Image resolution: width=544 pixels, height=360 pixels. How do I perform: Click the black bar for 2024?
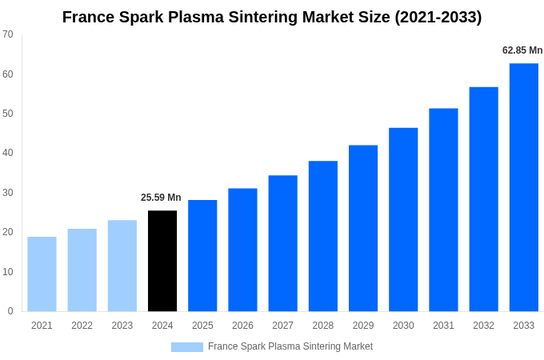(x=162, y=261)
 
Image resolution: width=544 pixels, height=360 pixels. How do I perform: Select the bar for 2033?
(x=523, y=187)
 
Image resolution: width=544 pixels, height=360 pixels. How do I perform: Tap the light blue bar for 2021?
(x=42, y=274)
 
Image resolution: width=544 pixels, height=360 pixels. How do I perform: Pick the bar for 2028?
(x=322, y=236)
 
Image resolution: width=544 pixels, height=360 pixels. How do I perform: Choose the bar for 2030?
(x=403, y=219)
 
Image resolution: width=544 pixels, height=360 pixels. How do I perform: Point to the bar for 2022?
(x=82, y=270)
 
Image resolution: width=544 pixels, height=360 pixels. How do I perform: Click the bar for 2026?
(x=242, y=250)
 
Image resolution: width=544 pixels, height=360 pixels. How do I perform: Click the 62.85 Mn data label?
(x=522, y=50)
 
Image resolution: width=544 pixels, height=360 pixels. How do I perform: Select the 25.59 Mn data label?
(x=161, y=198)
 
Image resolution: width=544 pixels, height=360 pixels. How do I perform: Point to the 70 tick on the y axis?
(x=8, y=34)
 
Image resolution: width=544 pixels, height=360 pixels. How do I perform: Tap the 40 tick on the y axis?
(x=8, y=153)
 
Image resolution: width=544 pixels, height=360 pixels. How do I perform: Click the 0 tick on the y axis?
(x=10, y=311)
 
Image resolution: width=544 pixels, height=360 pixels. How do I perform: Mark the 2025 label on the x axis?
(x=202, y=326)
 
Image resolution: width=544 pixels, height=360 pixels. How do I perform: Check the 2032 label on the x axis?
(x=483, y=326)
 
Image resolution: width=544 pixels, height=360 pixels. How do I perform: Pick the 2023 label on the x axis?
(x=122, y=326)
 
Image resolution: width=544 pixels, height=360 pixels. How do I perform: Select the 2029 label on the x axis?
(x=363, y=326)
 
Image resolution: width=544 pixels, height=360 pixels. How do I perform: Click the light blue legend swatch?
(x=187, y=347)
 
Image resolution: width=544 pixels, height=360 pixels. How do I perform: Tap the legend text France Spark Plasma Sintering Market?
(x=290, y=346)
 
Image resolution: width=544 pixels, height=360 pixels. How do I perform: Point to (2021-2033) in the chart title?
(x=438, y=17)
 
